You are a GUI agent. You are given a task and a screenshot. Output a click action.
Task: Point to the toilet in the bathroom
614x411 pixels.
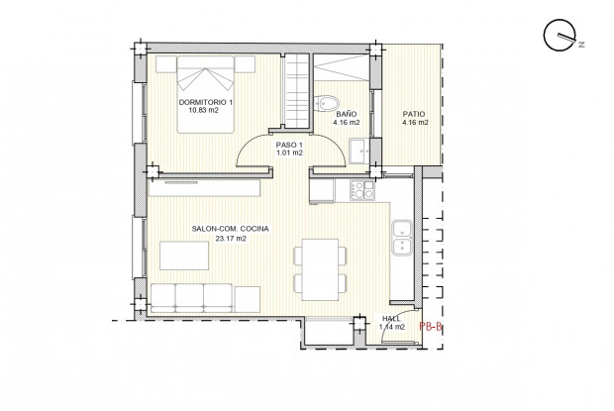pos(331,101)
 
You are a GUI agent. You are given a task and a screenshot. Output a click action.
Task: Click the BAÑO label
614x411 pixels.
pos(348,114)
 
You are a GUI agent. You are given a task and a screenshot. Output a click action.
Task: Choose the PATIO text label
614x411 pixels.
pos(415,114)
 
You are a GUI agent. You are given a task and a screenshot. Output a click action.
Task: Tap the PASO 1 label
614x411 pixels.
pos(288,145)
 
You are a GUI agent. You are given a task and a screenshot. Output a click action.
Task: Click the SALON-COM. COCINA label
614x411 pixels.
pos(231,229)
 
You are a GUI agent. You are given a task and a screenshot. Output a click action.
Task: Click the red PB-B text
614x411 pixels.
pos(431,325)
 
